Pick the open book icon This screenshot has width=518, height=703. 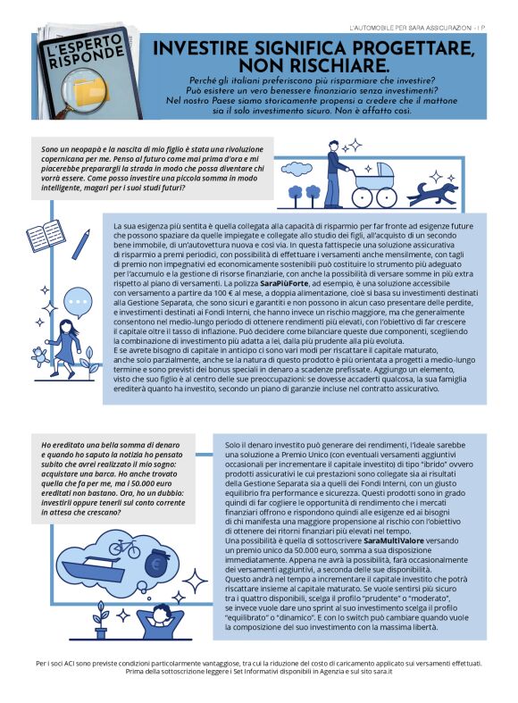click(46, 239)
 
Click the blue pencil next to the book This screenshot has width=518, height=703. click(83, 242)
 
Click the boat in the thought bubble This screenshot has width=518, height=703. click(102, 576)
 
